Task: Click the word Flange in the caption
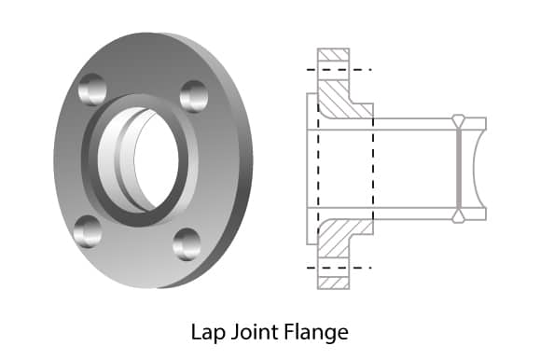(x=316, y=332)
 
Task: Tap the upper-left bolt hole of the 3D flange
(x=92, y=90)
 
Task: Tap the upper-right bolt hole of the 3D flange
(x=194, y=96)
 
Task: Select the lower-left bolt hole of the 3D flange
(x=88, y=231)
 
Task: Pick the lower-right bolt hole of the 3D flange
(x=187, y=244)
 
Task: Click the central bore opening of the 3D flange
(x=156, y=159)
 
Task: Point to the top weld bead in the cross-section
(x=458, y=121)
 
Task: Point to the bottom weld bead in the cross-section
(x=458, y=216)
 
